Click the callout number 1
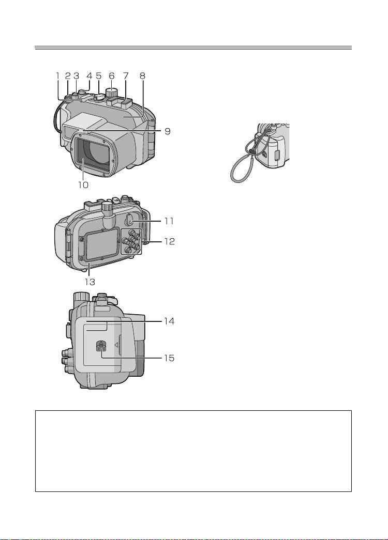58,76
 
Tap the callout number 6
111,76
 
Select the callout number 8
142,76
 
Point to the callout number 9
167,131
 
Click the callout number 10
83,185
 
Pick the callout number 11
169,221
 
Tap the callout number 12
169,241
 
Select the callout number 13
89,282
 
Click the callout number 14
169,321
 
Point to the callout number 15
169,358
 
